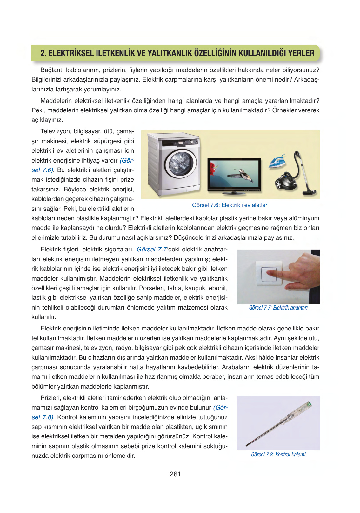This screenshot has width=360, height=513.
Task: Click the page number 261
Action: [x=175, y=474]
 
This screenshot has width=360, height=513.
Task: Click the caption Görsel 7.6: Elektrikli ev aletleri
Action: [x=230, y=205]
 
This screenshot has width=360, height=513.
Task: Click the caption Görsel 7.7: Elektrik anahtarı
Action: [x=278, y=308]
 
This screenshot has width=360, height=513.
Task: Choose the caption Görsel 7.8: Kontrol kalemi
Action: [x=278, y=455]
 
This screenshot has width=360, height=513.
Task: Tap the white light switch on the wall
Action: [x=269, y=274]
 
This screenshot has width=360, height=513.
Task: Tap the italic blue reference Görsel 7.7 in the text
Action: [x=152, y=250]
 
